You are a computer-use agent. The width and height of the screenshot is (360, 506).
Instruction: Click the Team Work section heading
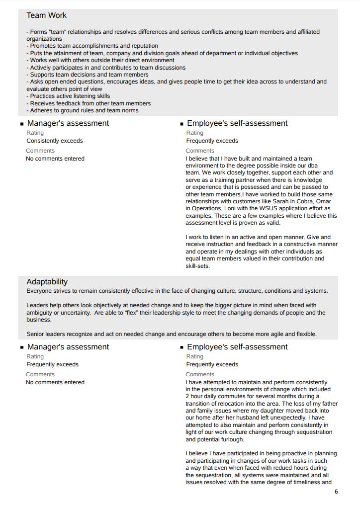coord(47,15)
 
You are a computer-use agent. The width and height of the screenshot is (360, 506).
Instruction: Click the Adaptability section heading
coord(47,282)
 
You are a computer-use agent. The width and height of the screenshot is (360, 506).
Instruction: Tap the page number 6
coord(336,492)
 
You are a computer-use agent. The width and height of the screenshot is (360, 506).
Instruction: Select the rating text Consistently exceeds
coord(55,141)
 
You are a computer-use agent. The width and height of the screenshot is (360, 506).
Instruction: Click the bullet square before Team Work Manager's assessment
coord(22,124)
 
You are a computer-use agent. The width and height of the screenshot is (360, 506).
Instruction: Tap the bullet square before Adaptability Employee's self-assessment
coord(182,347)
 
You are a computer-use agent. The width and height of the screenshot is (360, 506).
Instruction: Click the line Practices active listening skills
coord(69,96)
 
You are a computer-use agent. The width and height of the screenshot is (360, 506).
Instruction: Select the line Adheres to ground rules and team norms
coord(83,110)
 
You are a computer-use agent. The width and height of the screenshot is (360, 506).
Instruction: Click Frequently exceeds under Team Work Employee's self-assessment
coord(212,141)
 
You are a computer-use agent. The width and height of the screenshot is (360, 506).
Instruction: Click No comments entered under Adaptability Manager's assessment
coord(55,382)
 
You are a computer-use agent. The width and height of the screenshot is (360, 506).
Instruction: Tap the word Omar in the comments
coord(323,201)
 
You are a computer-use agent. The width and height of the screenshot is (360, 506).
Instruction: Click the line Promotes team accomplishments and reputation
coord(92,46)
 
